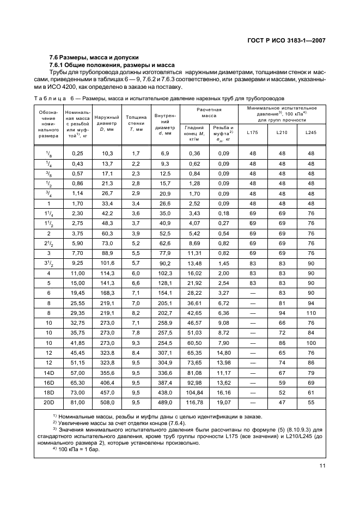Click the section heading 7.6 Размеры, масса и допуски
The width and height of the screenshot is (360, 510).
(94, 57)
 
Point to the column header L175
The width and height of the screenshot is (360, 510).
(253, 132)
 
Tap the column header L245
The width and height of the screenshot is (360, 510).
(310, 132)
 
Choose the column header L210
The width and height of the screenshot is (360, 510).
(282, 132)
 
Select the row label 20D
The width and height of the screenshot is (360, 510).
(49, 403)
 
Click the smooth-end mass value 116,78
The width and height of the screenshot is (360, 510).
(194, 403)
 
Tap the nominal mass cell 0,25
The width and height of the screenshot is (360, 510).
(77, 154)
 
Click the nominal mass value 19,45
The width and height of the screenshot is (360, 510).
(77, 293)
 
